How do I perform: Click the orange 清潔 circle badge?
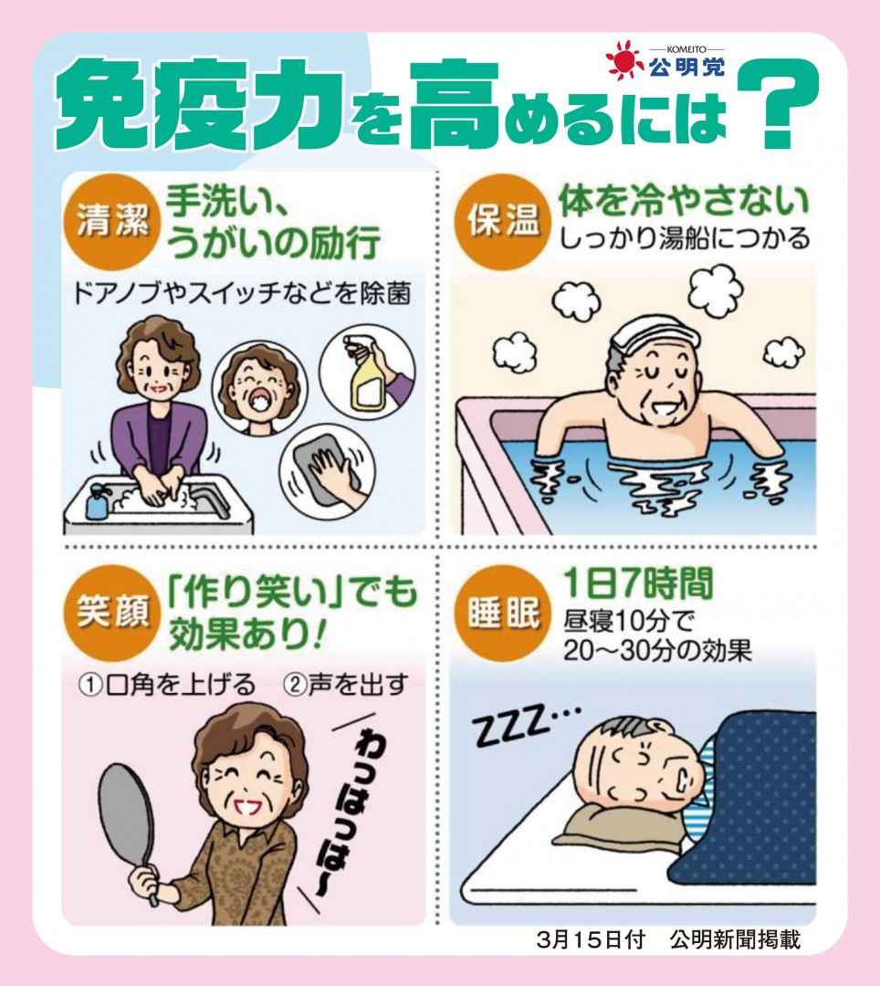(112, 222)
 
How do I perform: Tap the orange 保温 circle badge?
(502, 222)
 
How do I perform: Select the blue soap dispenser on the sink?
(97, 501)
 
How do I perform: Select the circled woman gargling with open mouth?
(259, 389)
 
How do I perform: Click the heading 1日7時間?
(638, 583)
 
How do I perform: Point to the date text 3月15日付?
(591, 940)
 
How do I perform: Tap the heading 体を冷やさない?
(685, 200)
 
